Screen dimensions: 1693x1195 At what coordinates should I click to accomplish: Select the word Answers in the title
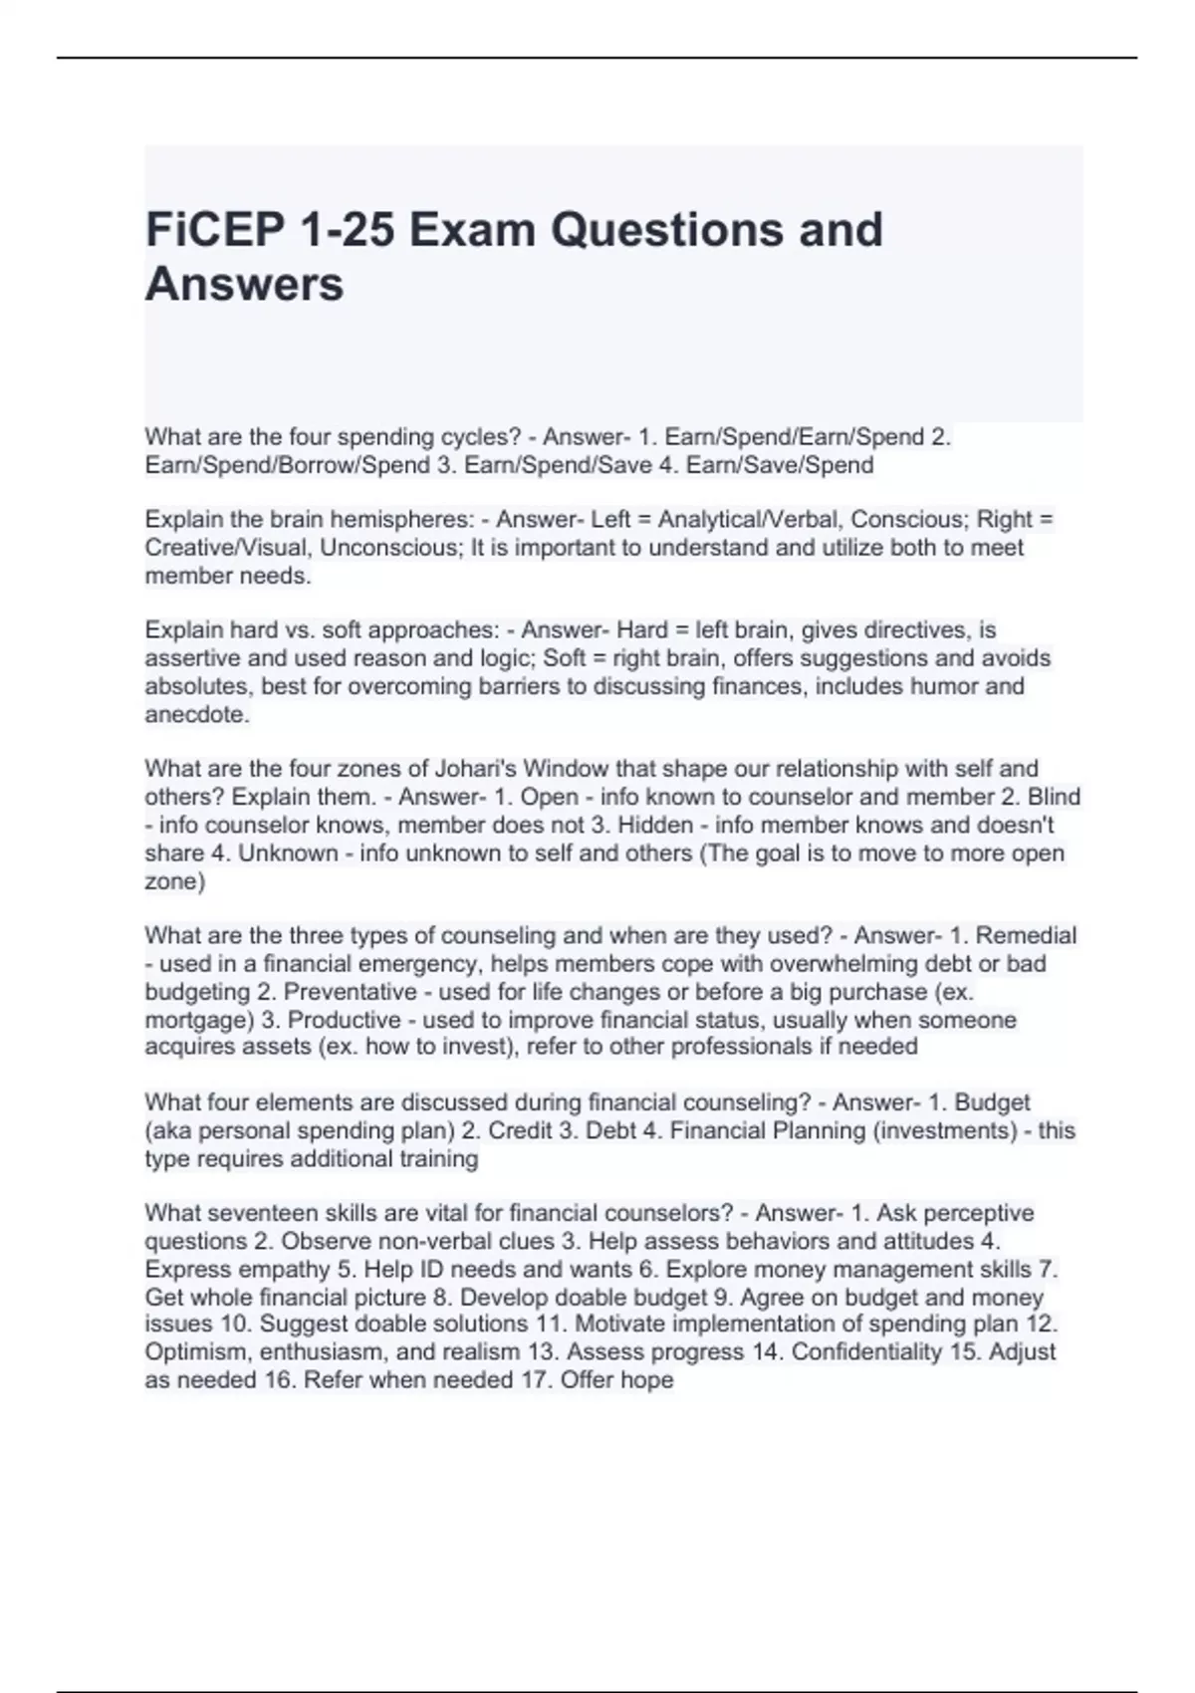pos(244,284)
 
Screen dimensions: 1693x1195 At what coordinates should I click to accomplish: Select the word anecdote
pos(197,715)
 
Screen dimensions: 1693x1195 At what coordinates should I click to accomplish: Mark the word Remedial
pos(1026,936)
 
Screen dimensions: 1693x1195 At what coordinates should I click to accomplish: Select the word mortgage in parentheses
pos(194,1020)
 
